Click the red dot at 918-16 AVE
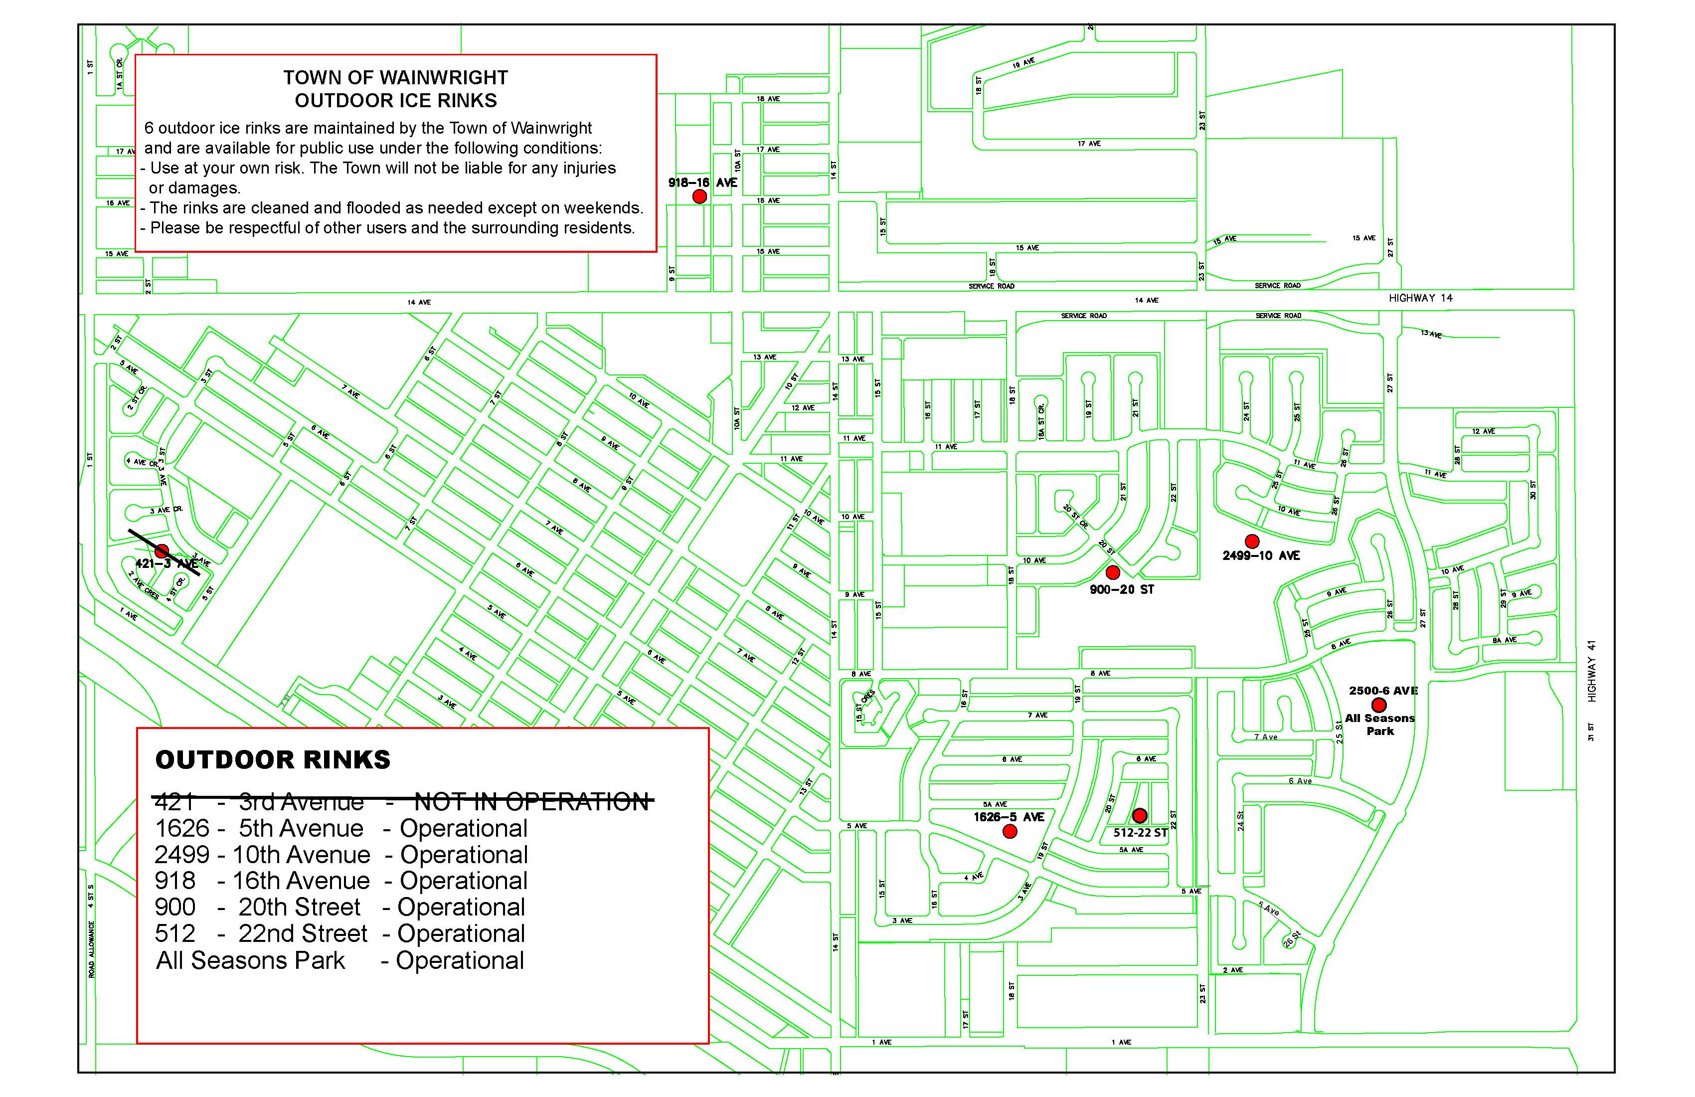click(x=699, y=196)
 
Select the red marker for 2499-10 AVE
click(x=1251, y=542)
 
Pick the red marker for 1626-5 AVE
click(x=1009, y=831)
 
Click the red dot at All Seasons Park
click(x=1379, y=705)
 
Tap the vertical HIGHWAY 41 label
click(x=1592, y=671)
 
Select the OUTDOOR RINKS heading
click(x=273, y=760)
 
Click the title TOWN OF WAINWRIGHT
click(x=395, y=78)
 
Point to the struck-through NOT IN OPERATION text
click(x=531, y=802)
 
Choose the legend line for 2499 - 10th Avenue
click(x=341, y=855)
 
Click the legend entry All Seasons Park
click(x=251, y=960)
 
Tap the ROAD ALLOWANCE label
click(x=92, y=949)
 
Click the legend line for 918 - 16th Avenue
click(x=340, y=881)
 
